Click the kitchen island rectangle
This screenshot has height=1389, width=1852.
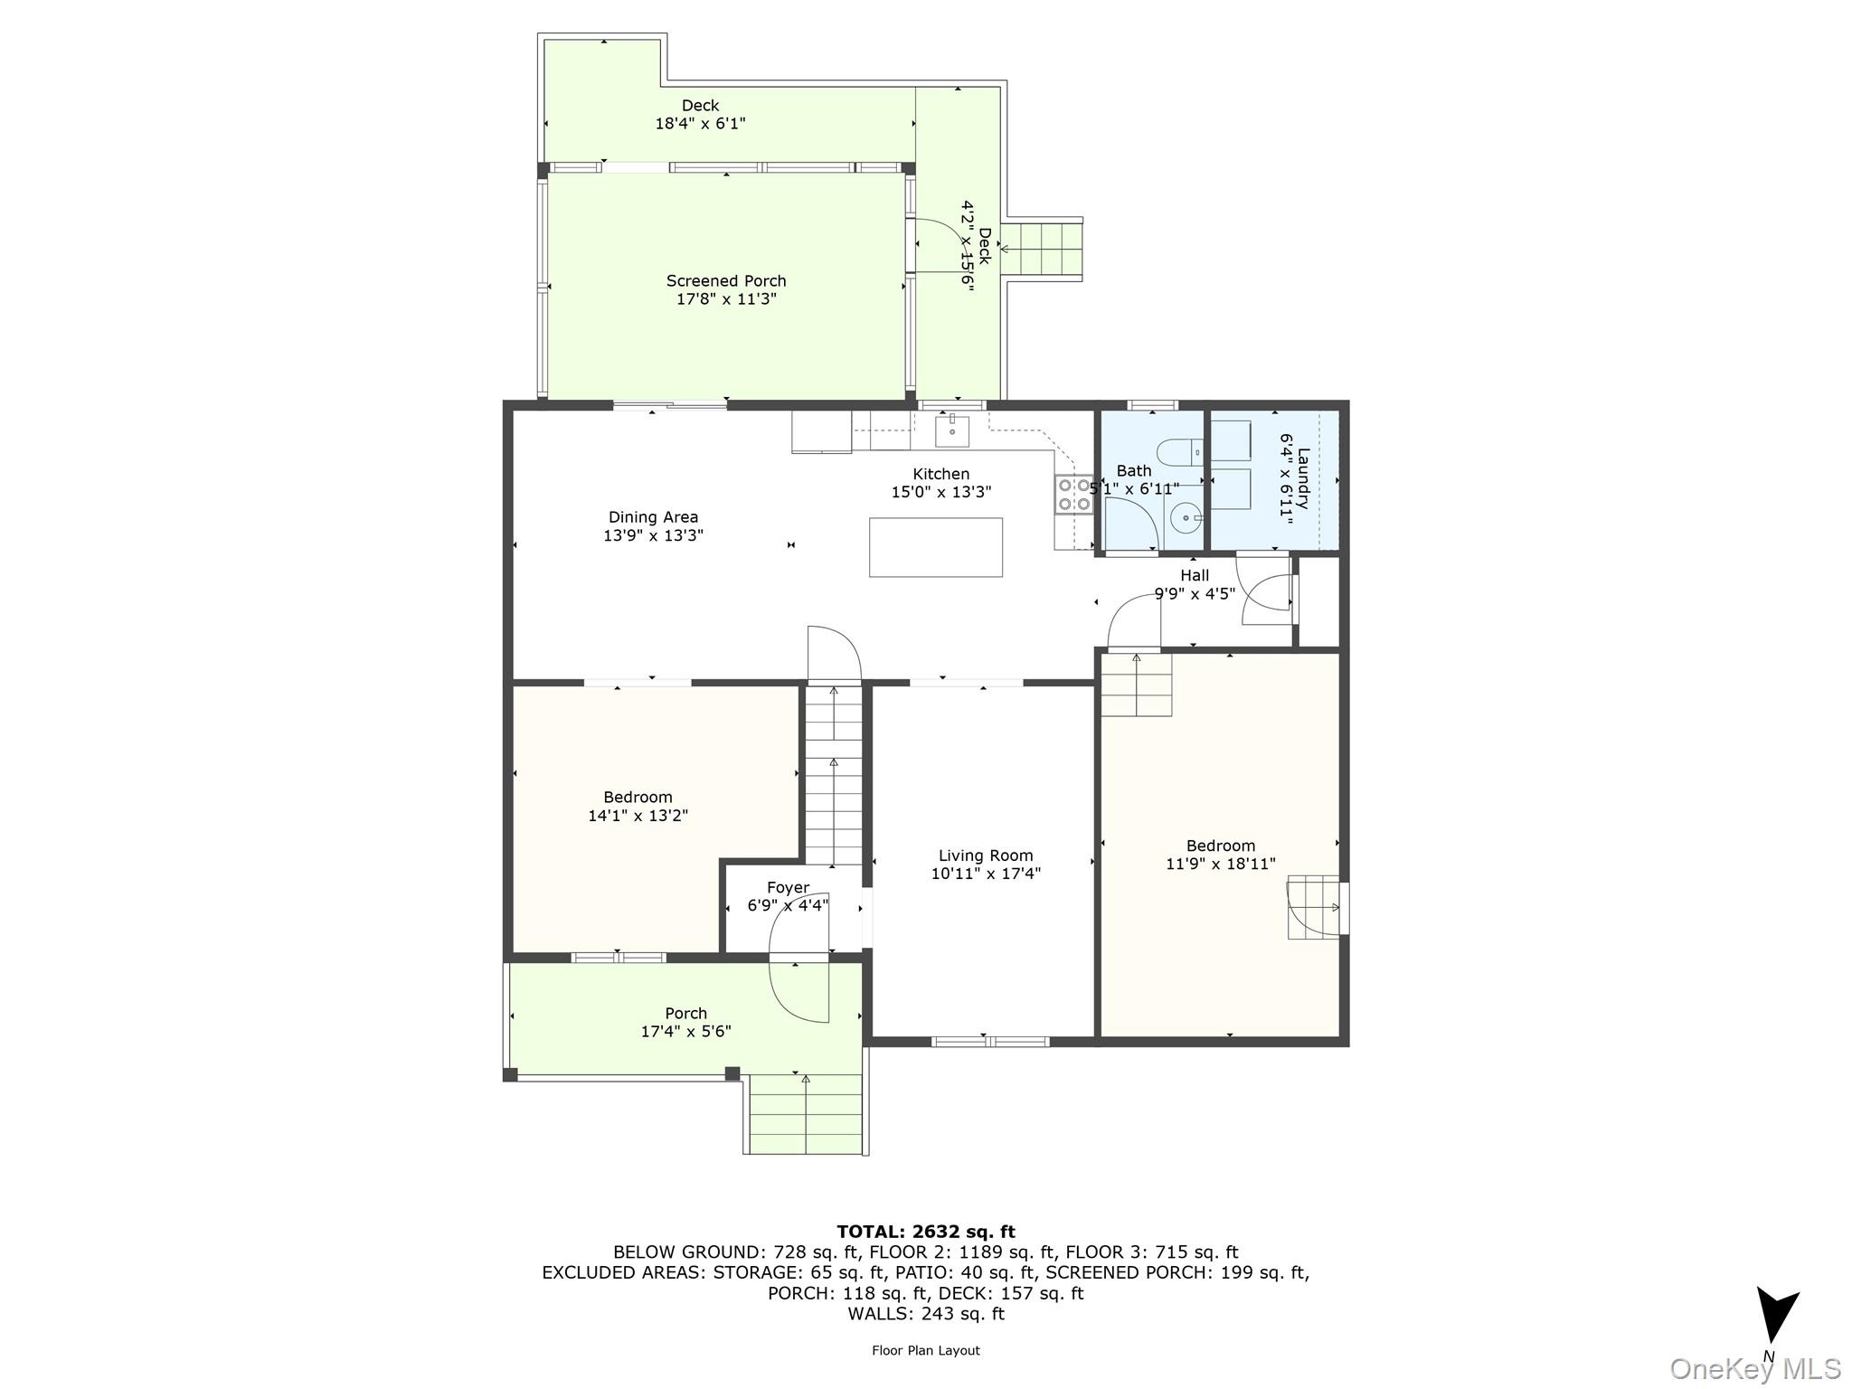tap(935, 547)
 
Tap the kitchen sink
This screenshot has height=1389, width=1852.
tap(952, 431)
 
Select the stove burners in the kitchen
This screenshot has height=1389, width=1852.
tap(1073, 495)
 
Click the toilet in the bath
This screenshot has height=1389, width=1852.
tap(1179, 450)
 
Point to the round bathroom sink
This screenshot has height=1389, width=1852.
tap(1185, 519)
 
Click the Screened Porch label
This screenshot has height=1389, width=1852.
tap(726, 281)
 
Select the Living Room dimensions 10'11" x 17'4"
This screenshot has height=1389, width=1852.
tap(986, 874)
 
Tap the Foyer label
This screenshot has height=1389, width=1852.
tap(788, 888)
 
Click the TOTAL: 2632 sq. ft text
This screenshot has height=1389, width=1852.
tap(925, 1232)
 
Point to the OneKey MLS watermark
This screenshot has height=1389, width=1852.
tap(1754, 1369)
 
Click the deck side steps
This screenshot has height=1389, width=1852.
tap(1042, 249)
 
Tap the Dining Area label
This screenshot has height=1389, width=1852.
tap(653, 517)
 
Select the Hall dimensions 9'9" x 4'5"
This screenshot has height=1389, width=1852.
tap(1195, 594)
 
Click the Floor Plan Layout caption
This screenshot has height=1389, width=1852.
tap(925, 1350)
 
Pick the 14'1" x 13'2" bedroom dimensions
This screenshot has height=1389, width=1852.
tap(638, 816)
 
